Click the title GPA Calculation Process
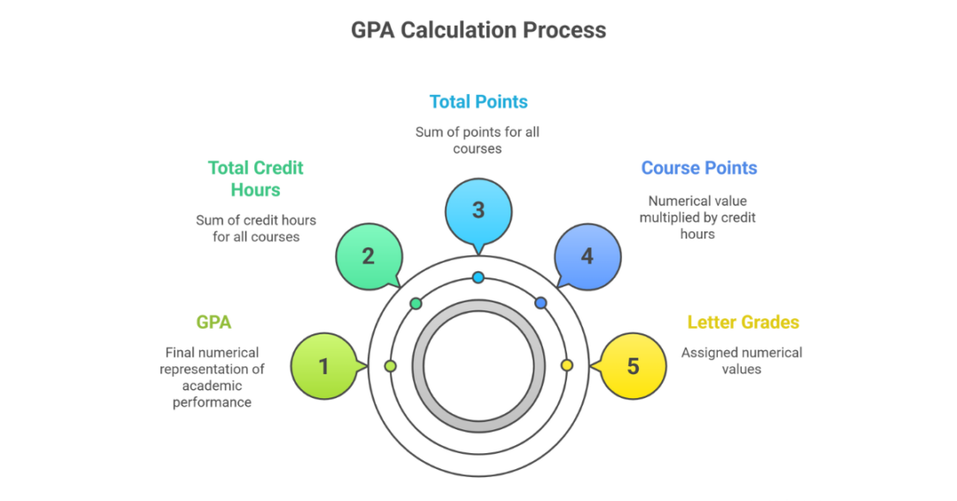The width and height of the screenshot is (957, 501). click(478, 30)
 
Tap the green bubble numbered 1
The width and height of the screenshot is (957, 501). click(323, 365)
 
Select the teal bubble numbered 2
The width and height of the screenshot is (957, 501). click(368, 256)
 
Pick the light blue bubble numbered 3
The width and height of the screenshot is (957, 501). click(478, 210)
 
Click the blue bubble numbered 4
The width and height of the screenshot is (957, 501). click(587, 256)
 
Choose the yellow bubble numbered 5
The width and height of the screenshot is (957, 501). click(633, 365)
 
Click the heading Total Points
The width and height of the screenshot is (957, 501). click(478, 102)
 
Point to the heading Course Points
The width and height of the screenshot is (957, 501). click(699, 168)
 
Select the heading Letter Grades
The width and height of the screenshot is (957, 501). click(743, 323)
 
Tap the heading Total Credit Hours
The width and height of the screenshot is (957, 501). click(255, 178)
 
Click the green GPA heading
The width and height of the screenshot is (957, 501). click(214, 323)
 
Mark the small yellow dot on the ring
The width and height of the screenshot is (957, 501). click(567, 365)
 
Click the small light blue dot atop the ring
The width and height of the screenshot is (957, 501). click(478, 278)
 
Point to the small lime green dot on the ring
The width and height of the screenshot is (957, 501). click(391, 365)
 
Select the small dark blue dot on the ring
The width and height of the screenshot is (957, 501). click(541, 303)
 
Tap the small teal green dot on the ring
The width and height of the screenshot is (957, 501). click(416, 303)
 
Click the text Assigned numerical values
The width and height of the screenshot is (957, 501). click(742, 360)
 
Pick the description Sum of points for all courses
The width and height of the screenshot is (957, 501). click(478, 140)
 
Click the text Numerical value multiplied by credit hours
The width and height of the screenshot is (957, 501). click(697, 217)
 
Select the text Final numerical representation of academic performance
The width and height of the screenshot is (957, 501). click(213, 377)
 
